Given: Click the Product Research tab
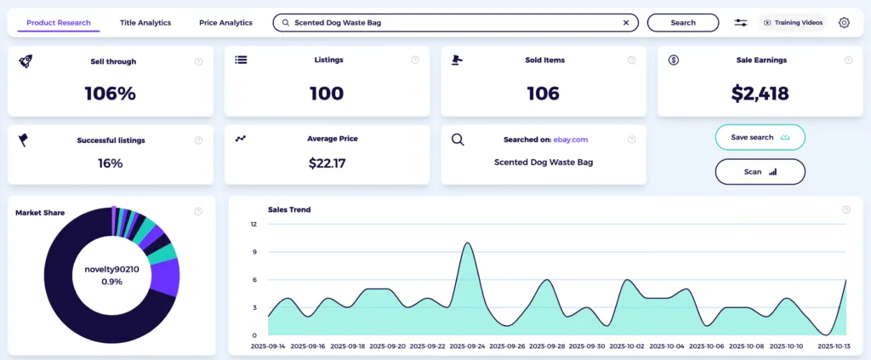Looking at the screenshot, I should click(x=58, y=23).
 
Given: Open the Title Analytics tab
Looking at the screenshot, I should click(x=145, y=23).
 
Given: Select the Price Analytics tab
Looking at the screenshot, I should click(x=225, y=23).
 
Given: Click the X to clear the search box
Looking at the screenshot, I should click(x=626, y=23).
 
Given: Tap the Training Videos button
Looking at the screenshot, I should click(x=793, y=23).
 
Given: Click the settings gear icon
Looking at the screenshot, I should click(x=844, y=23).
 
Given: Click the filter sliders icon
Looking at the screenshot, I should click(x=741, y=23).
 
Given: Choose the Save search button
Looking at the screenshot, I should click(x=760, y=137).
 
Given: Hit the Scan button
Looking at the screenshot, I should click(x=760, y=171).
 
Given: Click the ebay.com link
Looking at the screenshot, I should click(x=571, y=140).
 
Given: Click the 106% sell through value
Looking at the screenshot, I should click(x=110, y=94).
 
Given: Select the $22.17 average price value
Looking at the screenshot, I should click(x=326, y=163).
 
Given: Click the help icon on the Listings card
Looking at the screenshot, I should click(x=415, y=60).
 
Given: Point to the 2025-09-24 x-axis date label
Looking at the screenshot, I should click(x=467, y=347).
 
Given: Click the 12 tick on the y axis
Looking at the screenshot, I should click(x=253, y=225).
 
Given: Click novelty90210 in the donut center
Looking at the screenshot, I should click(x=111, y=269).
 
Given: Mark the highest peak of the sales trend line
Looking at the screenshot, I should click(x=467, y=243).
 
